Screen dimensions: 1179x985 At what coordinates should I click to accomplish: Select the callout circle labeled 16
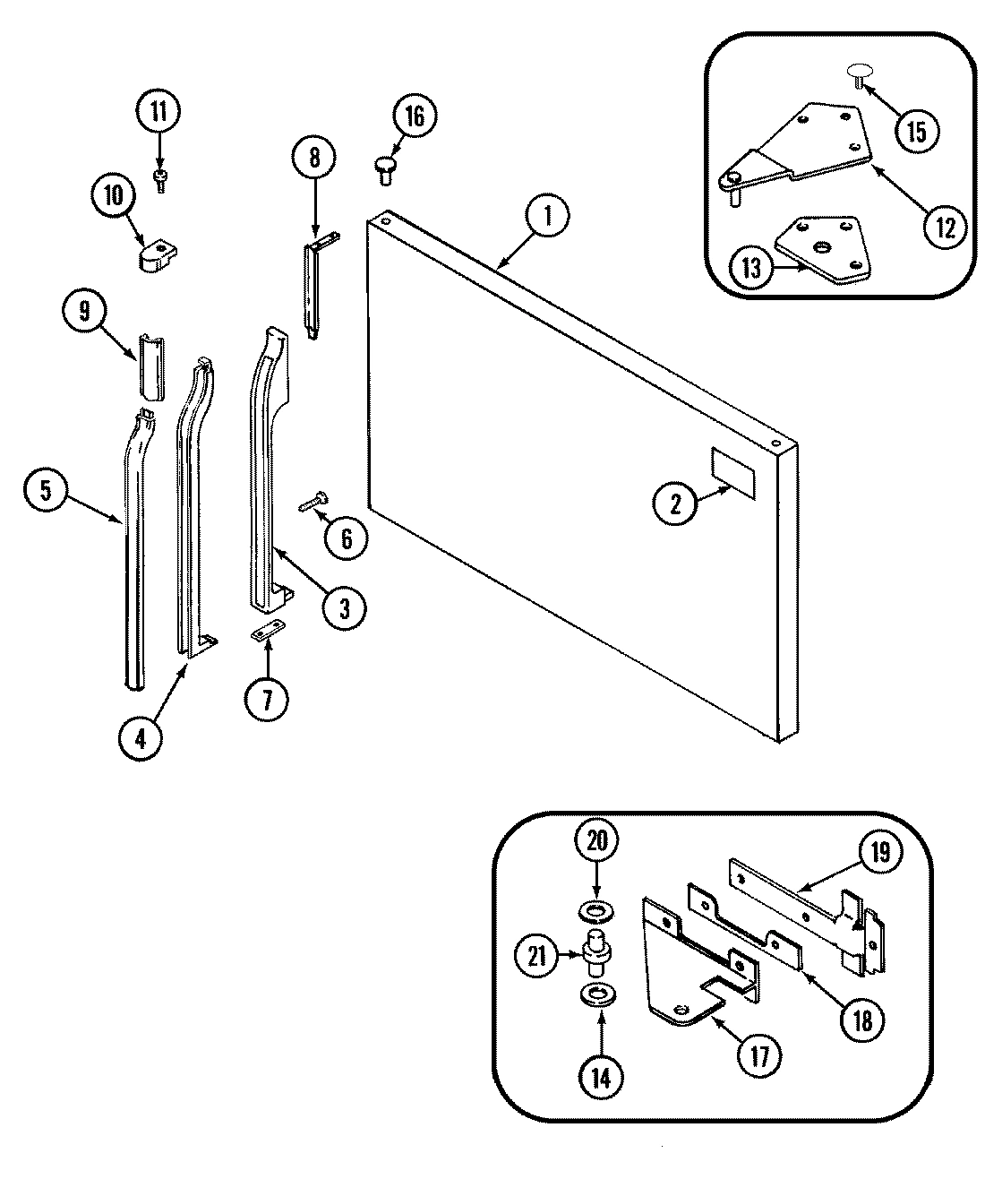pyautogui.click(x=415, y=116)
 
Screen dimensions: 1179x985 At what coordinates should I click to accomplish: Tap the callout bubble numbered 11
pyautogui.click(x=158, y=112)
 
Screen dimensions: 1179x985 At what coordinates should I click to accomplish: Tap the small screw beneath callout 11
pyautogui.click(x=159, y=180)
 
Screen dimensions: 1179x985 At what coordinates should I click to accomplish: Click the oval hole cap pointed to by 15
pyautogui.click(x=858, y=72)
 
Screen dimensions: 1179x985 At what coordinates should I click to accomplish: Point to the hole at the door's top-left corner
pyautogui.click(x=384, y=218)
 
